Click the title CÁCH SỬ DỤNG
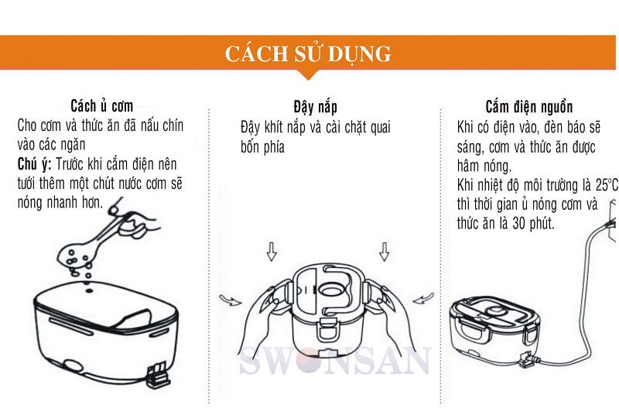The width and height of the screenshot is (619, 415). tap(308, 53)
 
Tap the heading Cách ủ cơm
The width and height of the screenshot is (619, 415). tap(102, 106)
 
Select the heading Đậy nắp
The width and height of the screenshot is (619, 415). tap(315, 107)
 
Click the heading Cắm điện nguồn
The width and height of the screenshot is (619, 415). tap(529, 107)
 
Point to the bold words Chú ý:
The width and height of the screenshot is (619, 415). tap(34, 164)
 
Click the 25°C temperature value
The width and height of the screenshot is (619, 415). tap(607, 185)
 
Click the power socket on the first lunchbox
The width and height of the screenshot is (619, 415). tap(159, 376)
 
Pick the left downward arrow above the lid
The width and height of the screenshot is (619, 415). tap(272, 252)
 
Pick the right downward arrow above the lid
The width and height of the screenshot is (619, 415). tap(384, 252)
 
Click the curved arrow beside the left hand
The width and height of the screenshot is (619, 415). tap(230, 300)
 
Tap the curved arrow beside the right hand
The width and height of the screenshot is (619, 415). tap(423, 298)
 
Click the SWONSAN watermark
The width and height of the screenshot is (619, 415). tap(335, 360)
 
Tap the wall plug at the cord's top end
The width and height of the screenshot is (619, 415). tap(611, 221)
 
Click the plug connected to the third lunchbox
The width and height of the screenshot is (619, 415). tap(528, 360)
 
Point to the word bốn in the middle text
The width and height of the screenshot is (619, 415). tap(249, 147)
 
